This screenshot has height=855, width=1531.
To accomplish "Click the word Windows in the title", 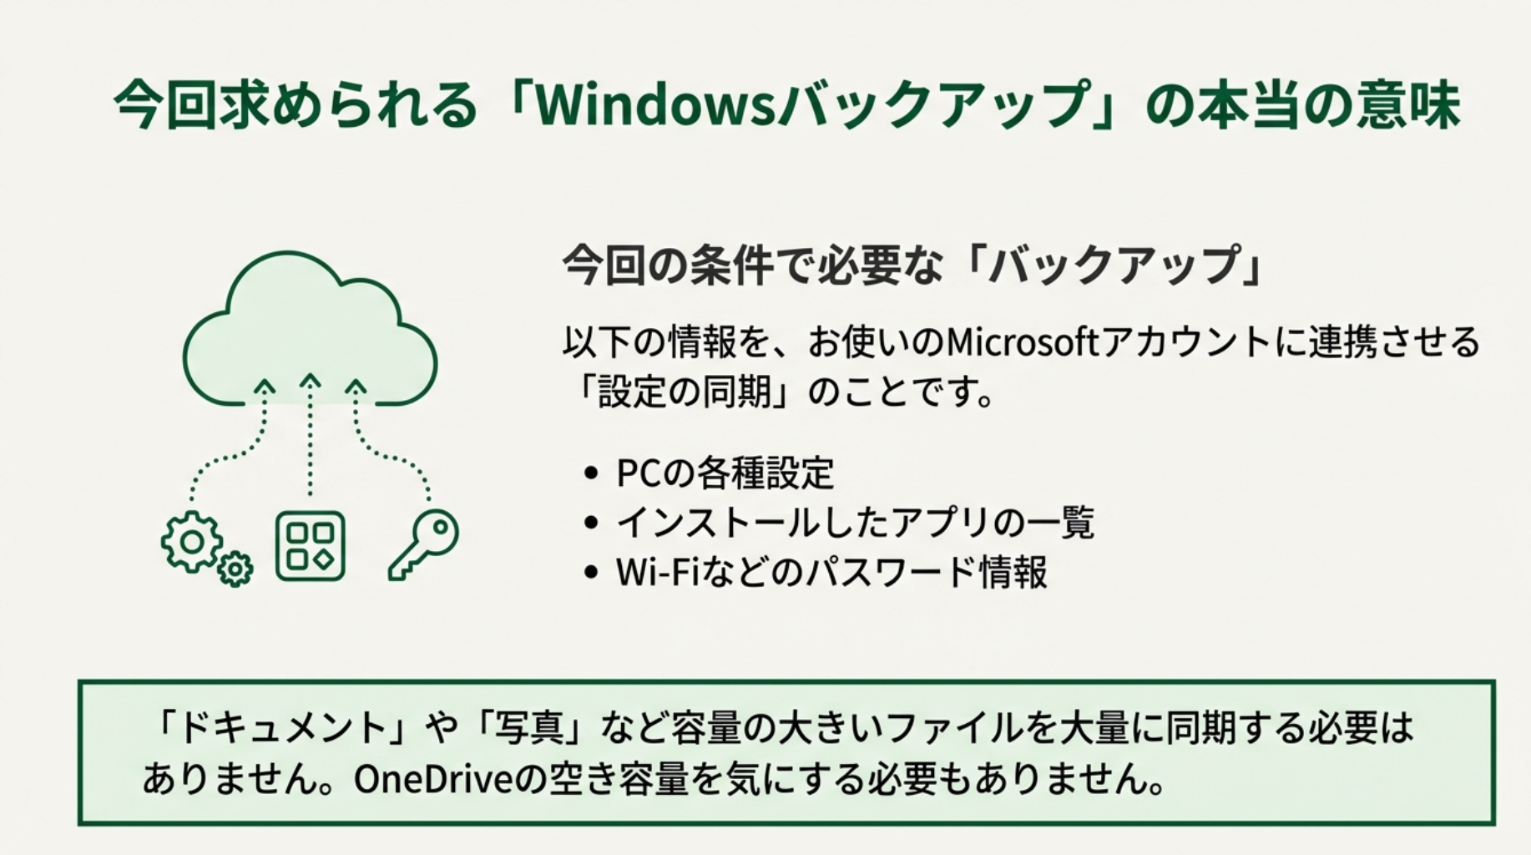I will click(x=656, y=106).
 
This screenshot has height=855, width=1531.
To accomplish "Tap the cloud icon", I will click(x=309, y=334).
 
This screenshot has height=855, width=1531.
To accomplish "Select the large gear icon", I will click(x=192, y=542).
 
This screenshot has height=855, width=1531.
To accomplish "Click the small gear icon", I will click(x=235, y=569).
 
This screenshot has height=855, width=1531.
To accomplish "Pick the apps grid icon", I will click(x=310, y=546).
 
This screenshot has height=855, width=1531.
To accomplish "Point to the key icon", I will click(x=425, y=543).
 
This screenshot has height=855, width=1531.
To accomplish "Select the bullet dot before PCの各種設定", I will click(x=592, y=473).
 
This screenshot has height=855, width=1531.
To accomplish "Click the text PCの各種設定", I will click(x=725, y=473).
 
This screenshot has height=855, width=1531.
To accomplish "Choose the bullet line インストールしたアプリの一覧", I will click(x=855, y=524).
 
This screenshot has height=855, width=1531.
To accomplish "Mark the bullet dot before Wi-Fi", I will click(x=592, y=573).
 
